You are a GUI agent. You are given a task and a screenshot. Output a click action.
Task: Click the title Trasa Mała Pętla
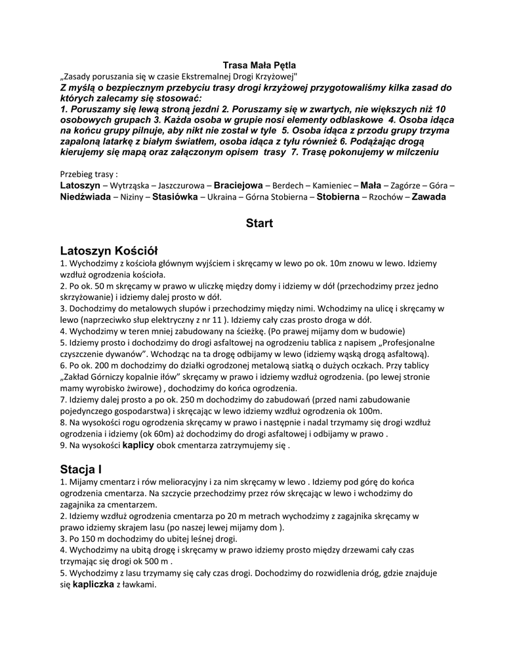pos(259,66)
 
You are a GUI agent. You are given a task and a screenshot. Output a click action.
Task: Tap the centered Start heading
pos(259,223)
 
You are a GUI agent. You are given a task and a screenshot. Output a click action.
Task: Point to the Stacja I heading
pos(81,469)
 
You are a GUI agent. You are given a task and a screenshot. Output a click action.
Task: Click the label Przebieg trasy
pos(89,175)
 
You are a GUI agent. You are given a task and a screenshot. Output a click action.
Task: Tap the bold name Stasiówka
pos(175,197)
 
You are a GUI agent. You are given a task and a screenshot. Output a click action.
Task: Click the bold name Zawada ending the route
pos(428,197)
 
